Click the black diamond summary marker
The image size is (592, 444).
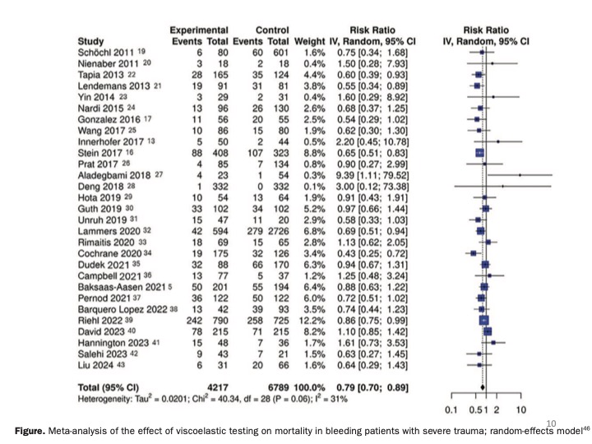pos(483,386)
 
